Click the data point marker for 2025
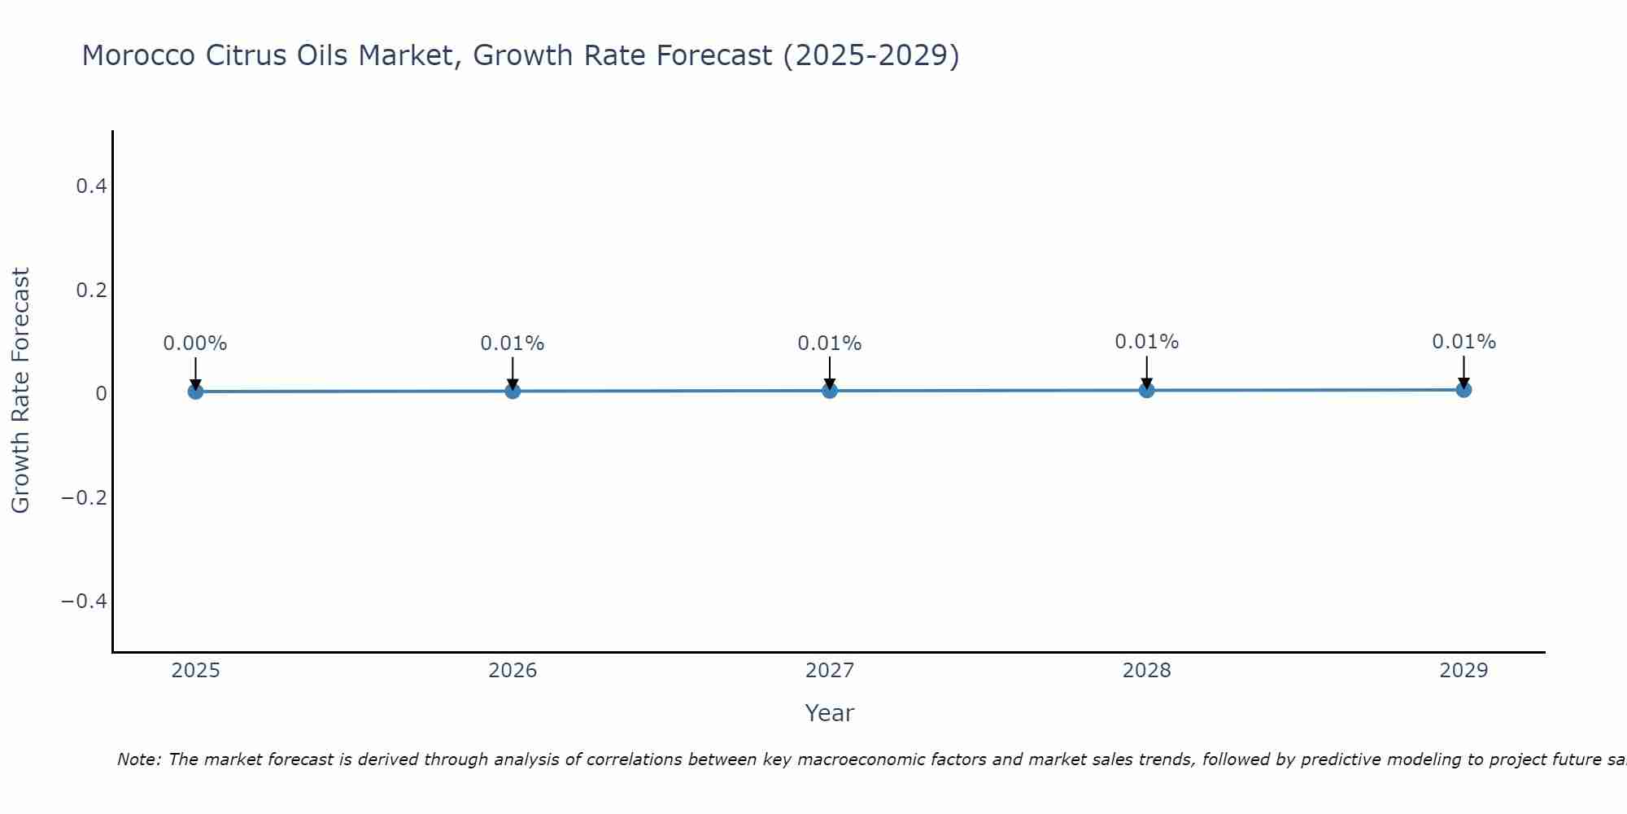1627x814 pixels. coord(195,392)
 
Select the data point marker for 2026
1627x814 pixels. coord(513,391)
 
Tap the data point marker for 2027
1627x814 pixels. coord(830,391)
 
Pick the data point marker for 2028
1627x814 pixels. coord(1146,390)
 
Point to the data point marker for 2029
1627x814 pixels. coord(1463,389)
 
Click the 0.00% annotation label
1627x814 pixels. coord(195,344)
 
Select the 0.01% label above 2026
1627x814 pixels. coord(513,344)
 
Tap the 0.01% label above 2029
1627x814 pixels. coord(1463,342)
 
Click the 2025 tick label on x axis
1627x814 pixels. coord(196,671)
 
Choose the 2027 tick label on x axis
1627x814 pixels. coord(830,671)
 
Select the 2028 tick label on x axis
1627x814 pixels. coord(1146,671)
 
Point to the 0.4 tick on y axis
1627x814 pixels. coord(91,186)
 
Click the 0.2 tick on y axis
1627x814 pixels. coord(91,290)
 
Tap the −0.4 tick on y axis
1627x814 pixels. coord(85,601)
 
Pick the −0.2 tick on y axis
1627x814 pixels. coord(85,497)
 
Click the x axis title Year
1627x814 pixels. coord(829,713)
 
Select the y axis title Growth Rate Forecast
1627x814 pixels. coord(20,391)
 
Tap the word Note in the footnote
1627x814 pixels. coord(138,759)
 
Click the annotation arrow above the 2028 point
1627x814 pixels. coord(1146,371)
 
